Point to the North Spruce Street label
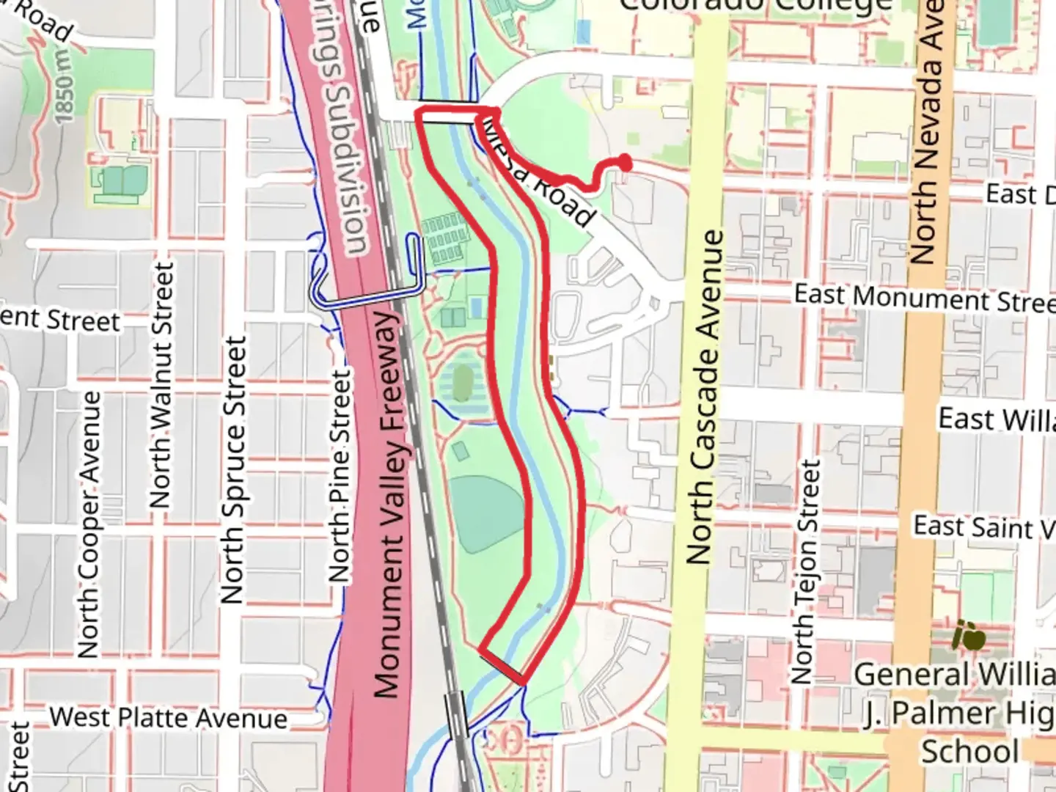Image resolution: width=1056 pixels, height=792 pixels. (x=233, y=470)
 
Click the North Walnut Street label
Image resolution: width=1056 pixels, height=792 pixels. (x=162, y=385)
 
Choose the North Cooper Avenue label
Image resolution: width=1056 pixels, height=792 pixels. (x=89, y=524)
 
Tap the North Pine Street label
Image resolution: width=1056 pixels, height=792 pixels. (x=340, y=476)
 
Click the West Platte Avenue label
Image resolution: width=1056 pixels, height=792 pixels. (x=168, y=717)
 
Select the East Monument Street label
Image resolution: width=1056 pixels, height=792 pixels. (x=924, y=298)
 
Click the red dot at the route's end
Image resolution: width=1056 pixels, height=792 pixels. (x=625, y=163)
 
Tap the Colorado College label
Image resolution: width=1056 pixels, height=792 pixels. (x=755, y=6)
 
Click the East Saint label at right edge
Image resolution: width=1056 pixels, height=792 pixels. (x=983, y=527)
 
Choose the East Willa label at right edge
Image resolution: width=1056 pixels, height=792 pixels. (x=996, y=420)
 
